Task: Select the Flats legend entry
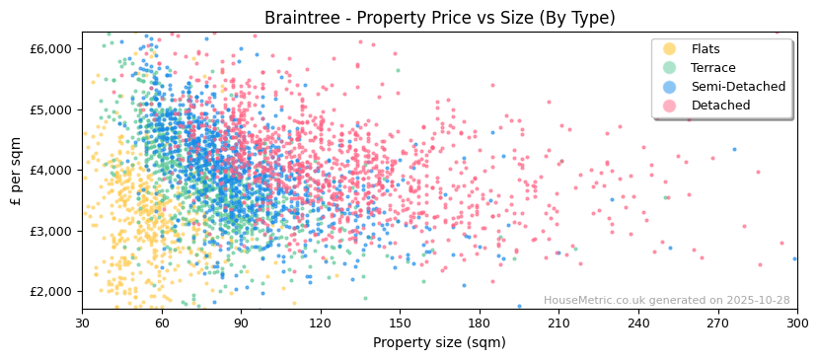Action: (705, 49)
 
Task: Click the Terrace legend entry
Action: (712, 68)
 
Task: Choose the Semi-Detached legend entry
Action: (738, 87)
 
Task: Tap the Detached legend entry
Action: (720, 106)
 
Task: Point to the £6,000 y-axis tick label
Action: (51, 48)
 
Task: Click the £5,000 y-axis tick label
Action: (51, 109)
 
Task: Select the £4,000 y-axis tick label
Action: (51, 170)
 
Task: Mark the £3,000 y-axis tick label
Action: (51, 231)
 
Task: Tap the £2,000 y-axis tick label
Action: (51, 291)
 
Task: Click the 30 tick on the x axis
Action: (83, 323)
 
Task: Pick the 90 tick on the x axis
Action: (241, 323)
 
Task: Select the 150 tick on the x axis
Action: (400, 323)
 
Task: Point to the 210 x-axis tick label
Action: (558, 323)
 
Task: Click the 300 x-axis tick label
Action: (796, 323)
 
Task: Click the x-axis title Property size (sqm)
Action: (439, 342)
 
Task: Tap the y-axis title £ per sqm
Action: (17, 171)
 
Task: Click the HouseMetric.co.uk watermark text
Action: (666, 301)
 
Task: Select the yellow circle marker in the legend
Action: (670, 49)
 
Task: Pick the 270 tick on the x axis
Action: (717, 323)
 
